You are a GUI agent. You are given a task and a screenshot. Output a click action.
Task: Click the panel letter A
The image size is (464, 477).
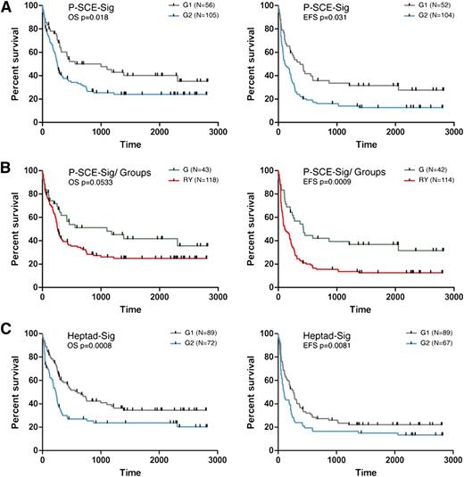7,6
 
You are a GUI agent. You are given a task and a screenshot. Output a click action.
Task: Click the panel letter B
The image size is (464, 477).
7,167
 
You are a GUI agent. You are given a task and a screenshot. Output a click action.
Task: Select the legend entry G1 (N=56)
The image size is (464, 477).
186,8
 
